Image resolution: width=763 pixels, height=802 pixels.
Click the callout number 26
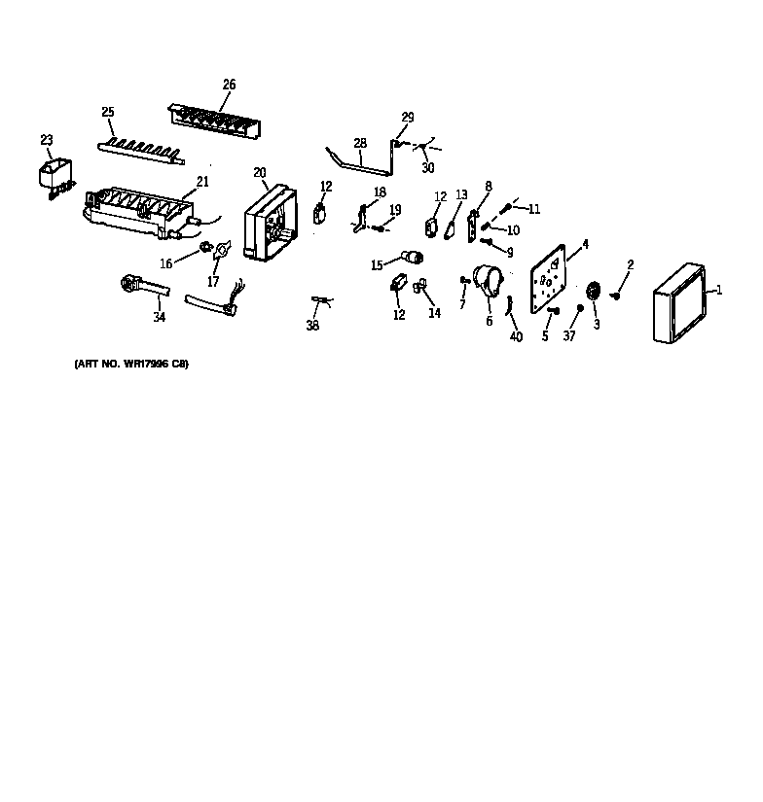(229, 85)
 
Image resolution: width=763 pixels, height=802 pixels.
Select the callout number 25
(108, 112)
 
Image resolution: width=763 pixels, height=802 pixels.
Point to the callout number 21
(202, 181)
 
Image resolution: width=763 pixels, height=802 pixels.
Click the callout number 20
(260, 172)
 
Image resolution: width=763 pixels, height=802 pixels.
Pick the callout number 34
(159, 317)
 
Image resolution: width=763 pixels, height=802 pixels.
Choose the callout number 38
(312, 326)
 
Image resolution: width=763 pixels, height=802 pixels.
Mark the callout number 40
(516, 336)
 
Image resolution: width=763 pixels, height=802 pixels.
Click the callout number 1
(718, 289)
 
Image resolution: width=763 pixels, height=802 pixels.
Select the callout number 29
(408, 118)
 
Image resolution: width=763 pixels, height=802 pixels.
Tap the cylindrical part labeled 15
(413, 258)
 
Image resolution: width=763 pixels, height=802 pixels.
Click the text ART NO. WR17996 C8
(130, 364)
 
